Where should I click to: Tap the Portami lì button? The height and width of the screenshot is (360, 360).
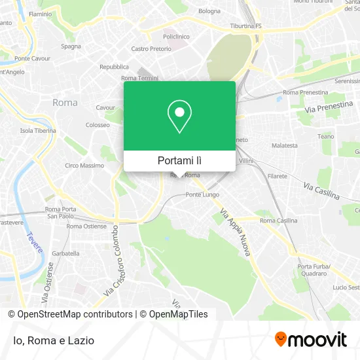[x=179, y=160]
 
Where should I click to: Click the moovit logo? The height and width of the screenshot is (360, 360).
[x=310, y=340]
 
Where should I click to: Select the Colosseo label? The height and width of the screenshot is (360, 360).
[x=98, y=125]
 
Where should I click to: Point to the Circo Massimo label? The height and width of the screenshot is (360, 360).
[x=84, y=166]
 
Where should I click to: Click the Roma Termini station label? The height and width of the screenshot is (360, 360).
[x=140, y=79]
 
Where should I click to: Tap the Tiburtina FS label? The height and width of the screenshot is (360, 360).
[x=245, y=26]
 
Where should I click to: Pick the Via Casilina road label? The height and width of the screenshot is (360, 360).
[x=321, y=191]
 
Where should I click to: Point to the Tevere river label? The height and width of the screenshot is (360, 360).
[x=35, y=243]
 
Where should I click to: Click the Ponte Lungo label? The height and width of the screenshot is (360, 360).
[x=202, y=194]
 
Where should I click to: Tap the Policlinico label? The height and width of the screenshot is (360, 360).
[x=175, y=37]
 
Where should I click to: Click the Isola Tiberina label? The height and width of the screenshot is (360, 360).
[x=37, y=130]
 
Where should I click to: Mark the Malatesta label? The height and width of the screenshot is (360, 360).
[x=285, y=145]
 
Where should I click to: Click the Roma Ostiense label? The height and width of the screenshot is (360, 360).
[x=86, y=226]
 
